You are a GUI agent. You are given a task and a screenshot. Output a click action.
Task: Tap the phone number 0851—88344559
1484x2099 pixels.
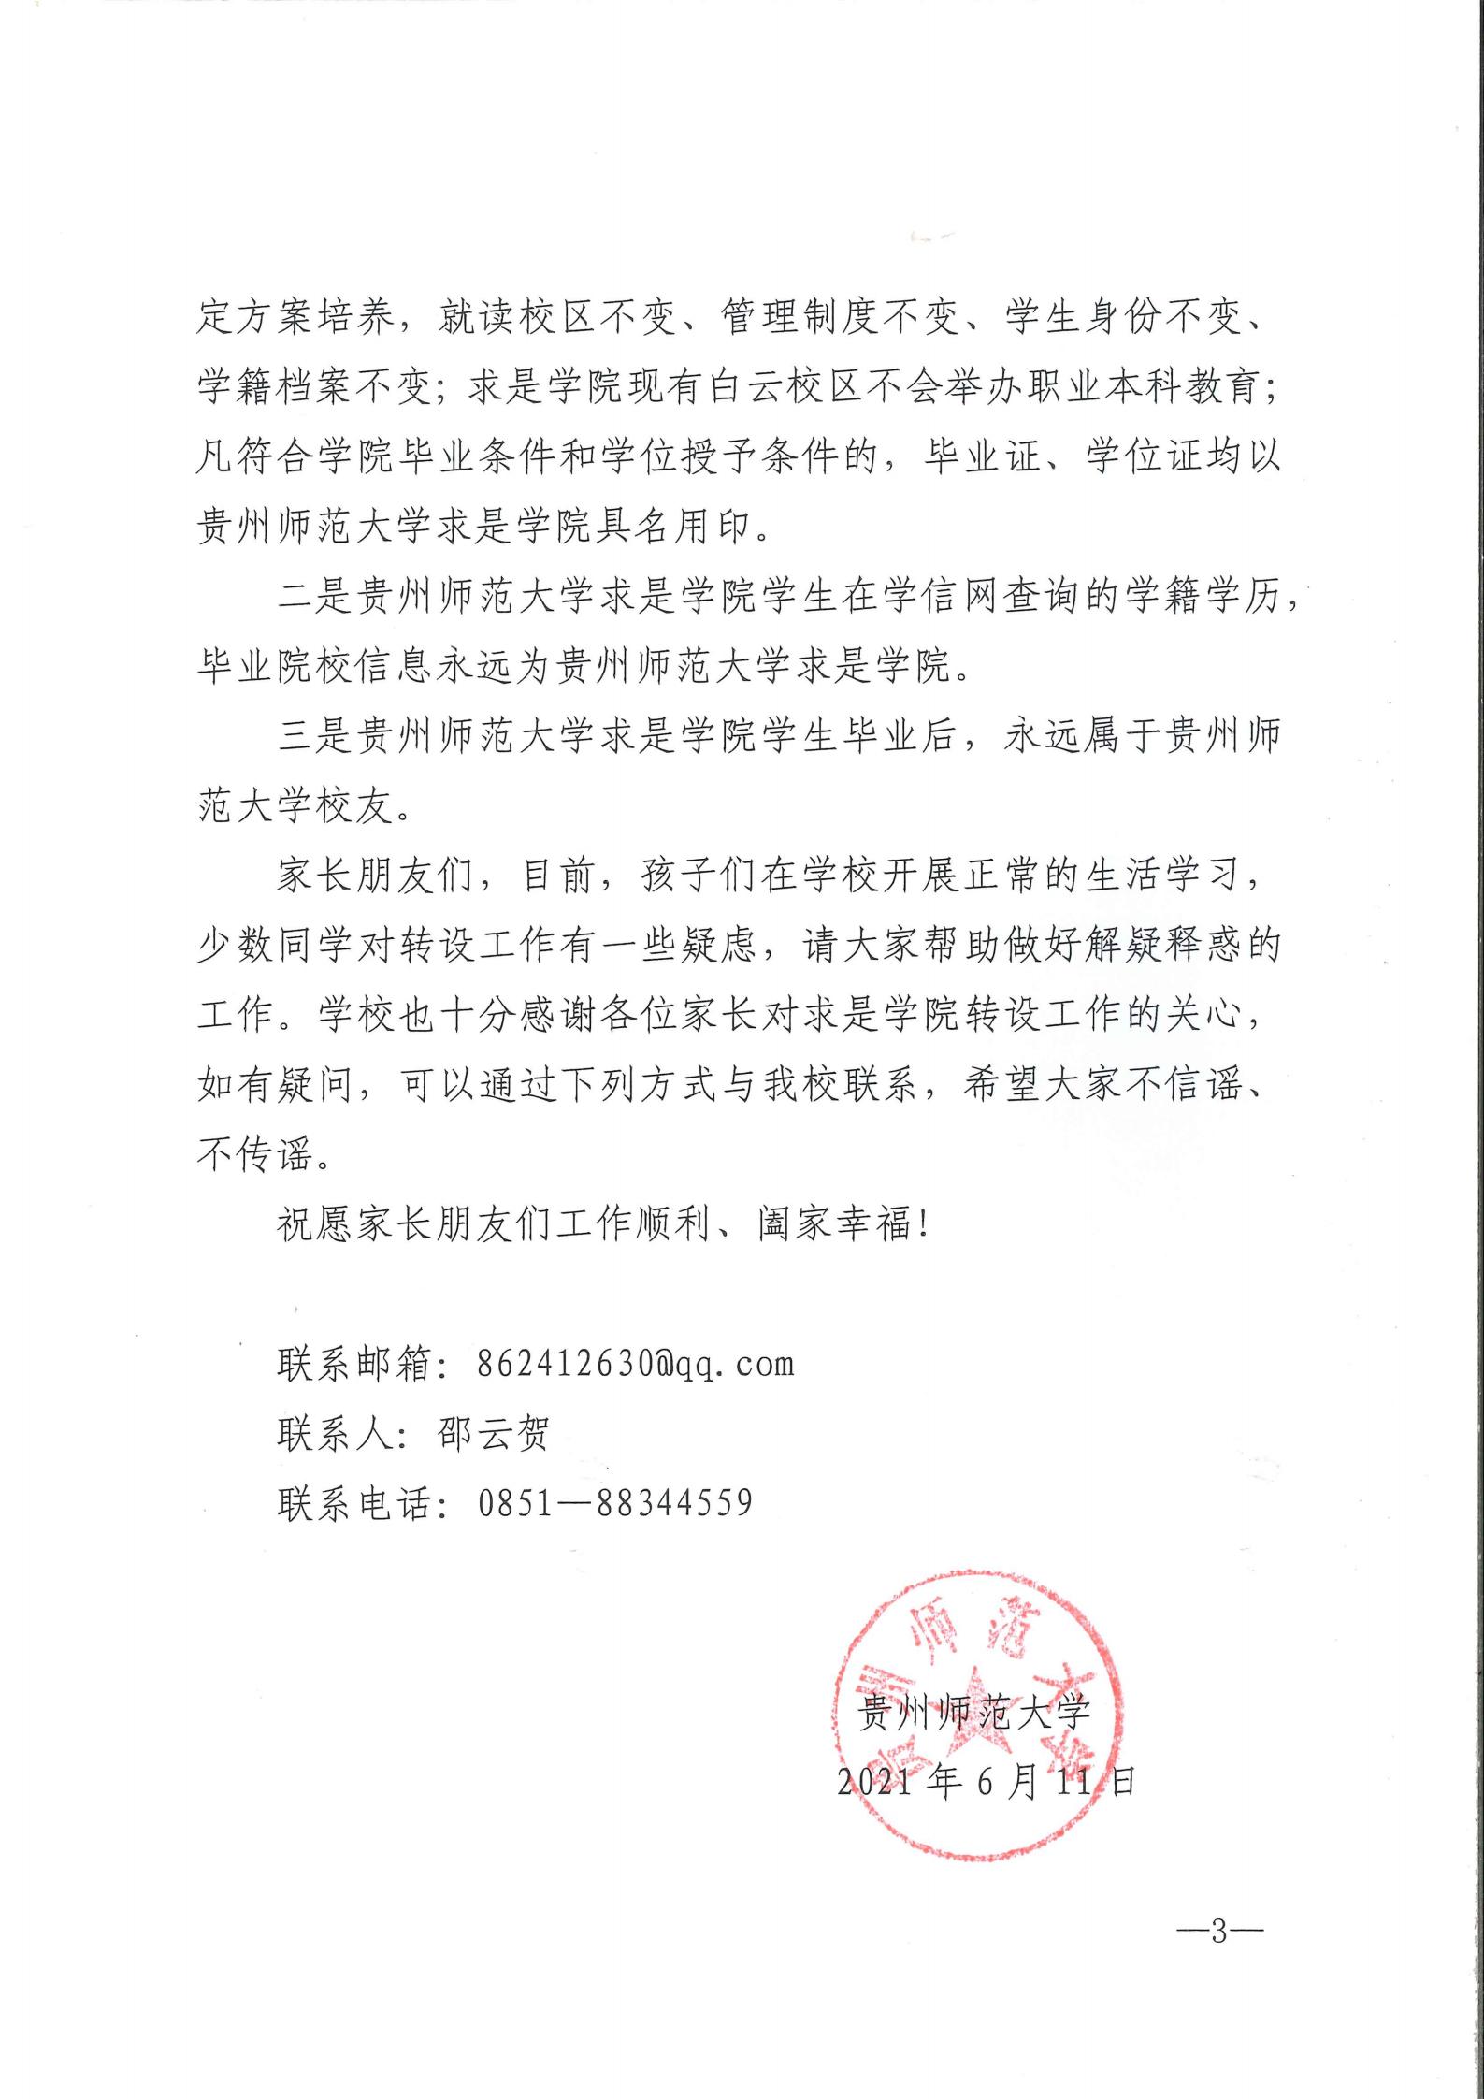(x=614, y=1502)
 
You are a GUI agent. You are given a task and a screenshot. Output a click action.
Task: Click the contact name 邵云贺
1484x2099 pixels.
(x=493, y=1433)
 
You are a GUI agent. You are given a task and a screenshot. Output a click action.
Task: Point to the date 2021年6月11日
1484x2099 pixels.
(x=986, y=1783)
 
